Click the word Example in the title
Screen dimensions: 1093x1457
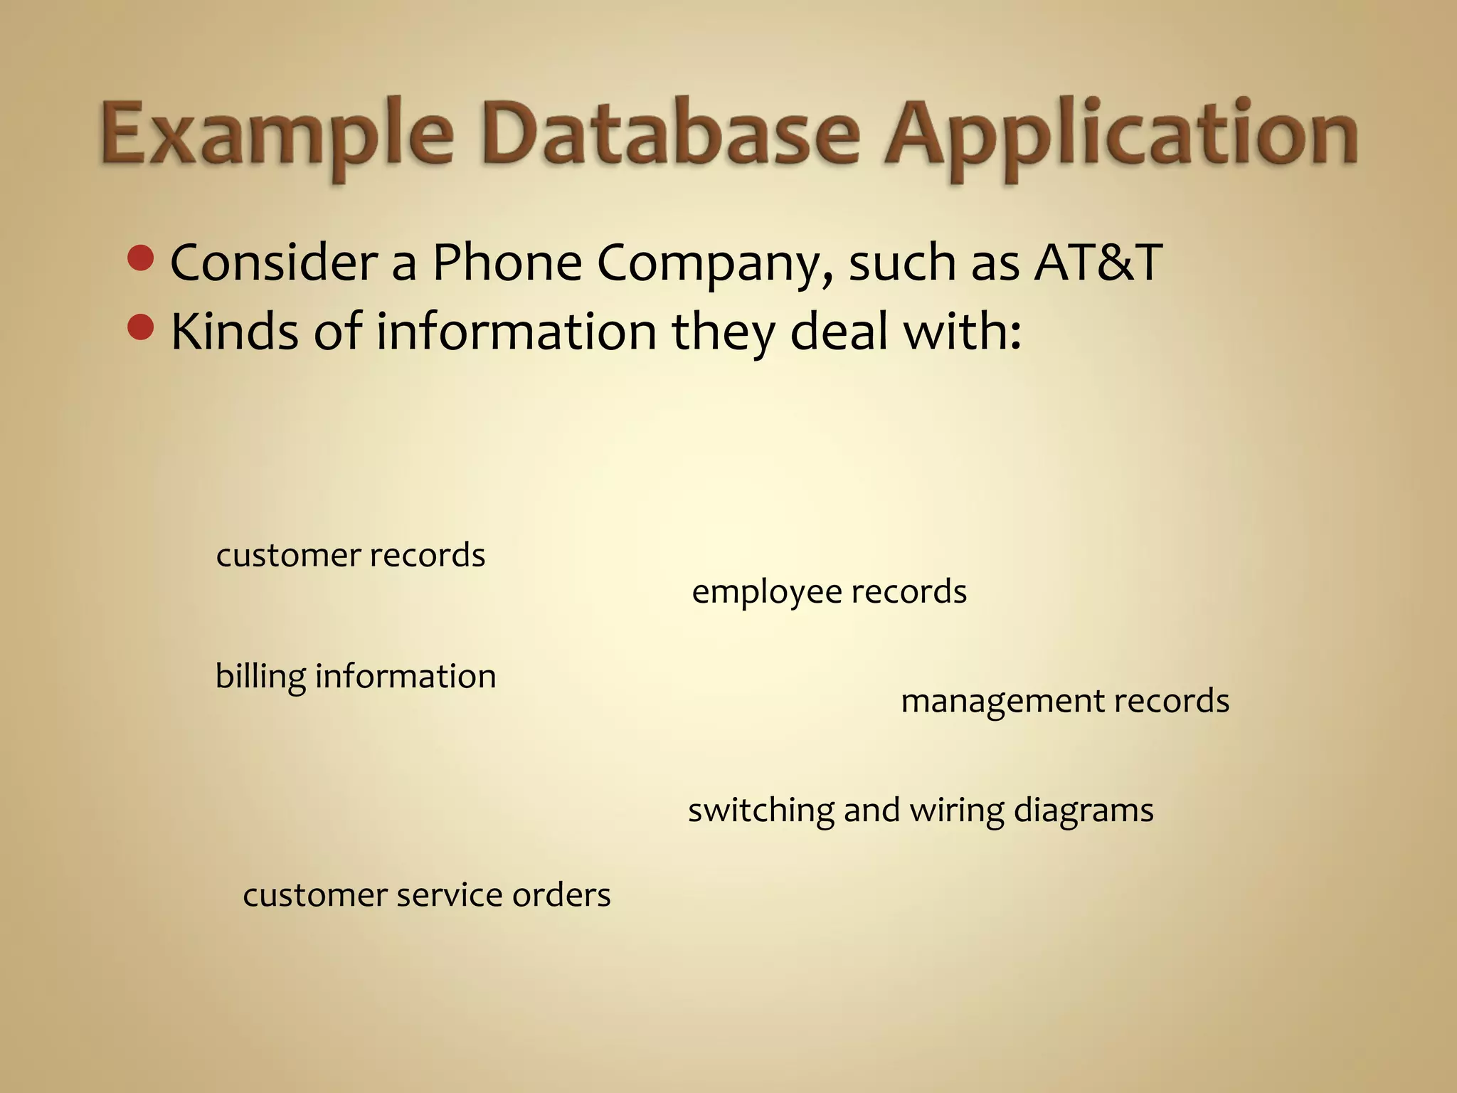(x=276, y=135)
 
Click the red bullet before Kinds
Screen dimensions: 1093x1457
(x=141, y=328)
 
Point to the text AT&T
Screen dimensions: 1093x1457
(x=1098, y=262)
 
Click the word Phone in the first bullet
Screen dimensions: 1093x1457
(x=507, y=262)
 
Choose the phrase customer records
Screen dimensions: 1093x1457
(x=350, y=555)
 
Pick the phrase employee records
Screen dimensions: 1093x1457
(x=829, y=591)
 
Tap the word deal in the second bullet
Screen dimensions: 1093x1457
(x=839, y=331)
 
